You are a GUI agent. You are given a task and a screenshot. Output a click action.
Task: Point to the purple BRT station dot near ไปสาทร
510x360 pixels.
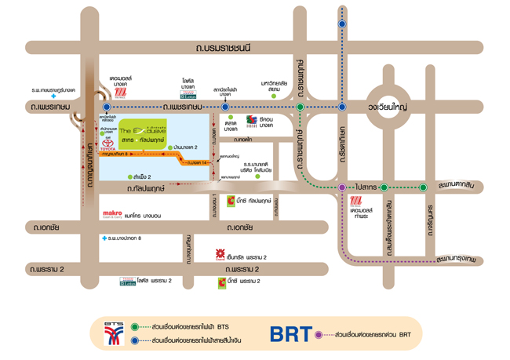point(342,187)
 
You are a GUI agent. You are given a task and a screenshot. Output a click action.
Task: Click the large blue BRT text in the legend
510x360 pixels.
point(290,333)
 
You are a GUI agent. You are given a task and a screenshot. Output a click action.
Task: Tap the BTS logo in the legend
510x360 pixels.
point(116,333)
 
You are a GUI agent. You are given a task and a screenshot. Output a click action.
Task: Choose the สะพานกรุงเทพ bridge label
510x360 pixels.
point(457,257)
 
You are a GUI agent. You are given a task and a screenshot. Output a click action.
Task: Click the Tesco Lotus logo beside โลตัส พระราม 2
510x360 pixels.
point(127,280)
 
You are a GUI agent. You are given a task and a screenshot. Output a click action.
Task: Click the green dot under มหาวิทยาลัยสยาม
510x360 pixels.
point(274,96)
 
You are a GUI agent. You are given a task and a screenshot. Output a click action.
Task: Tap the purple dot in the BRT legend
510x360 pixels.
point(318,334)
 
